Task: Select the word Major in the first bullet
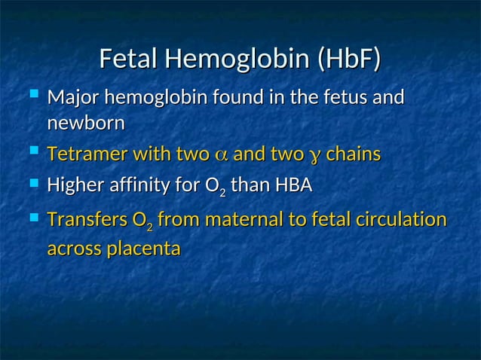pos(73,98)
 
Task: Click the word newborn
pos(85,122)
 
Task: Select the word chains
pos(354,155)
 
